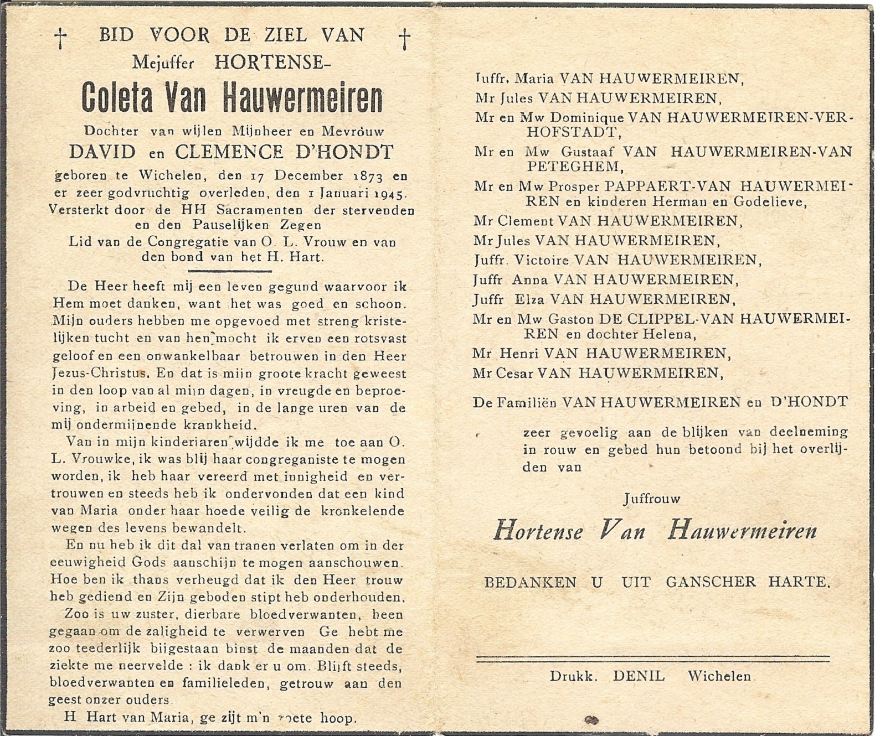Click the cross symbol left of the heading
[x=60, y=38]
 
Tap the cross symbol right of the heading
[x=405, y=39]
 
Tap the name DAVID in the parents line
[x=102, y=152]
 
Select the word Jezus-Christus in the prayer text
[x=100, y=374]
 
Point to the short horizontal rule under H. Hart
[x=230, y=271]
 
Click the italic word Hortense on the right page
[x=538, y=531]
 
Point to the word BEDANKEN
[x=530, y=582]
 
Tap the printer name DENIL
[x=639, y=676]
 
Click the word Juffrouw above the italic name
[x=651, y=499]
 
